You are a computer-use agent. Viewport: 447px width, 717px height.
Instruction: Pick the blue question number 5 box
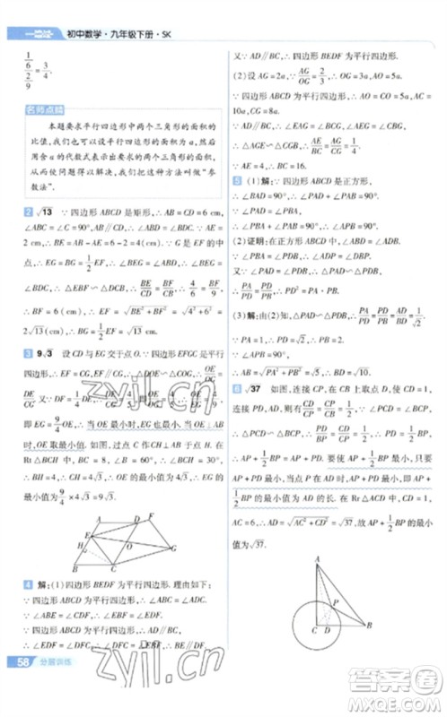pyautogui.click(x=235, y=180)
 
